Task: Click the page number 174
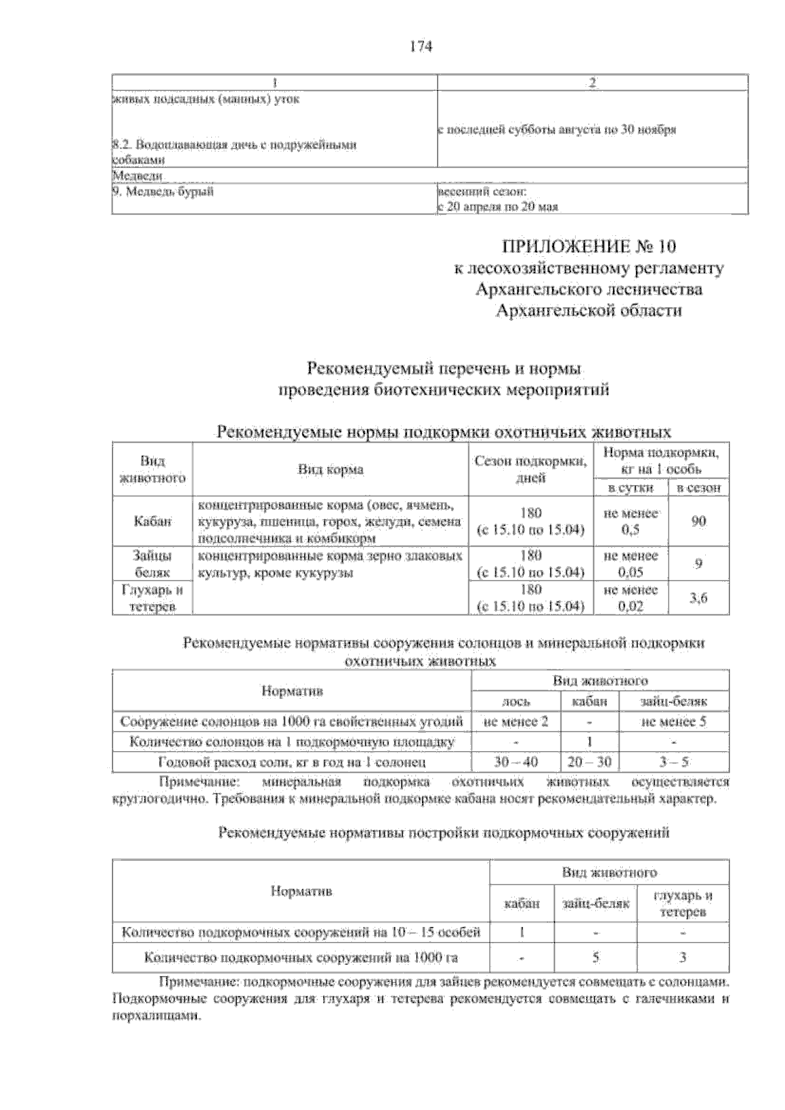tap(421, 46)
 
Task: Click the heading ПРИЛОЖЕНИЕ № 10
tap(587, 247)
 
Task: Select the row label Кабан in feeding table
tap(152, 521)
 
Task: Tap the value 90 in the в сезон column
tap(698, 521)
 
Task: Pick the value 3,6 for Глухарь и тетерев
tap(698, 597)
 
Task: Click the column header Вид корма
tap(331, 469)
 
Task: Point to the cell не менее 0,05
tap(630, 563)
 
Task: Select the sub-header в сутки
tap(630, 488)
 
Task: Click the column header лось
tap(515, 701)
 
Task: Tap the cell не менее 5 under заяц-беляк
tap(674, 722)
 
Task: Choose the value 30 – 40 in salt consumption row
tap(515, 762)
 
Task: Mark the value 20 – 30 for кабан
tap(589, 762)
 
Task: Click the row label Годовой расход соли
tap(292, 762)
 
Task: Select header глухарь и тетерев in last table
tap(682, 903)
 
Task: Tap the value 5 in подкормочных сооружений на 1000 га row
tap(595, 958)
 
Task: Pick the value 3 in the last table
tap(682, 958)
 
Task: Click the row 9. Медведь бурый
tap(164, 192)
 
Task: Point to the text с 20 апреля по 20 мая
tap(497, 207)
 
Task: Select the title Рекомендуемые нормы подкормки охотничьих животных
tap(444, 433)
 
